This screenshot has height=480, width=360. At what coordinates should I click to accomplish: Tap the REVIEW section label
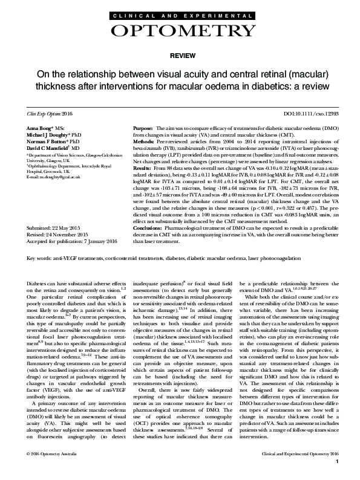click(x=180, y=54)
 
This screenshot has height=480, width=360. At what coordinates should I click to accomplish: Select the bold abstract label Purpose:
click(x=142, y=129)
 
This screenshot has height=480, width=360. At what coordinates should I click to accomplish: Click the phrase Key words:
click(x=41, y=258)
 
